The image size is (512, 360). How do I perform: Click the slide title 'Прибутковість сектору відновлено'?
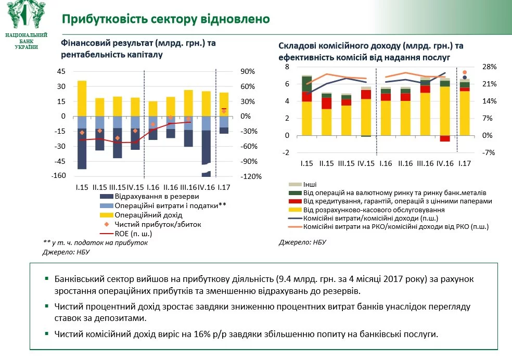pos(165,20)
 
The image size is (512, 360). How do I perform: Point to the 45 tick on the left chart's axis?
pos(61,71)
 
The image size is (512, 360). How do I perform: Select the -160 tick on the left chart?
pos(58,176)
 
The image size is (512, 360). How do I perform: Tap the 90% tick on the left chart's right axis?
pos(247,71)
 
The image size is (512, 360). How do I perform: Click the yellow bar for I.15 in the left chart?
pos(82,104)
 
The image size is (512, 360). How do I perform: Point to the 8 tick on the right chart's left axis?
pos(286,67)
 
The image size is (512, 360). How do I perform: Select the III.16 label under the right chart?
pos(426,163)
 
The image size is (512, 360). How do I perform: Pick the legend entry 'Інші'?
pos(311,184)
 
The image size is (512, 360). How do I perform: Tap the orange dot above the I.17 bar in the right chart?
pos(465,72)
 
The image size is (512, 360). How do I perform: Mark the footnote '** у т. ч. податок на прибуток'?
pos(95,242)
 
